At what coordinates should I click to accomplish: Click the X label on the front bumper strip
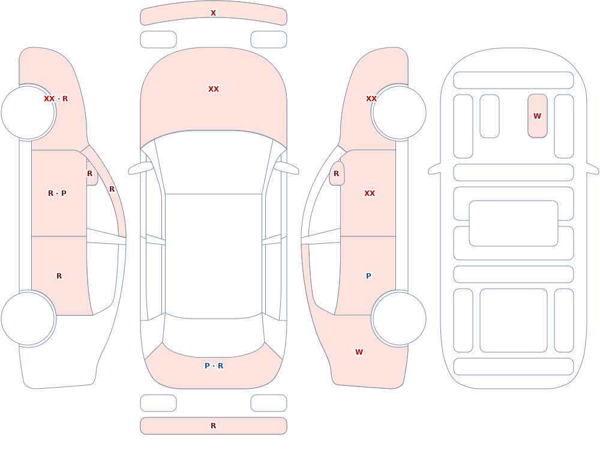coord(213,13)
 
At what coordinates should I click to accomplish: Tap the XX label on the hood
coord(214,89)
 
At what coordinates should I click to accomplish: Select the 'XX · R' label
coord(56,99)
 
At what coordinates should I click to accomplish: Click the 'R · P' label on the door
coord(57,193)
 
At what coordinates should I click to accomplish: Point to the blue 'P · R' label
coord(214,366)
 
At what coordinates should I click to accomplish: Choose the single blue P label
coord(368,276)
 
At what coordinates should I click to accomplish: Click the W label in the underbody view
coord(537,116)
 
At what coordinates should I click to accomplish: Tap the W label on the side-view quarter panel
coord(359,352)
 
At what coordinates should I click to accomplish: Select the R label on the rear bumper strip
coord(214,426)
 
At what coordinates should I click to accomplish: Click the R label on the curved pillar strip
coord(112,189)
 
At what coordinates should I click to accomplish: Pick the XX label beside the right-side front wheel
coord(371,99)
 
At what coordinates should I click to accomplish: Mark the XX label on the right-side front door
coord(370,193)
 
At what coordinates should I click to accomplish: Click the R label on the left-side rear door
coord(59,276)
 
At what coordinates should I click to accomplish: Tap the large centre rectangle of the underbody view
coord(514,223)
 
